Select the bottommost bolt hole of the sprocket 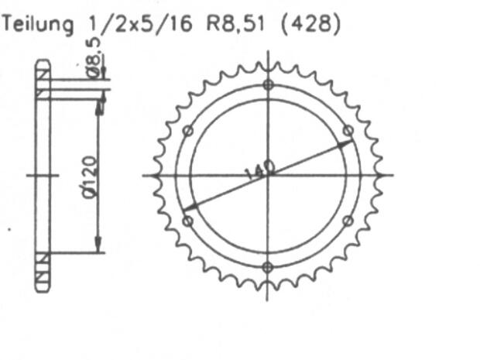coord(268,267)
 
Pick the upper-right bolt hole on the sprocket coord(348,130)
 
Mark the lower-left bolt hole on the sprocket coord(187,221)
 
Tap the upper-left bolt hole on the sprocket coord(187,130)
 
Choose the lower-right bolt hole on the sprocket coord(348,221)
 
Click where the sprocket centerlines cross coord(268,176)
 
